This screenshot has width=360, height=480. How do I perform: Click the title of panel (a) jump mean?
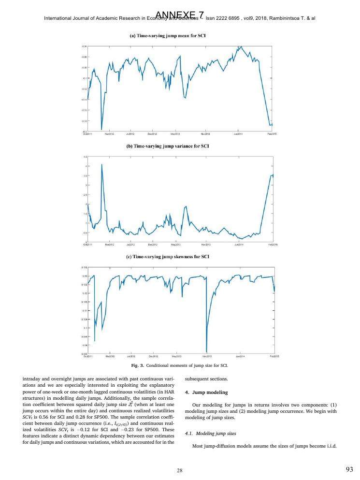179,36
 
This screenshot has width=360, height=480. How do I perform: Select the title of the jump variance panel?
179,145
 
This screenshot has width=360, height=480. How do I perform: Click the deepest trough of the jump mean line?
101,129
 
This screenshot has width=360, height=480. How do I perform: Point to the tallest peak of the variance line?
101,164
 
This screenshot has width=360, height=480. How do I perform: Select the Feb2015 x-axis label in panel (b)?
273,245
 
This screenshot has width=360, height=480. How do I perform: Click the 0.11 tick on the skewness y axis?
84,310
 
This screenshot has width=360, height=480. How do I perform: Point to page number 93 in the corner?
350,469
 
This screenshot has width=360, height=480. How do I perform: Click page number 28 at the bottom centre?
179,469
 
